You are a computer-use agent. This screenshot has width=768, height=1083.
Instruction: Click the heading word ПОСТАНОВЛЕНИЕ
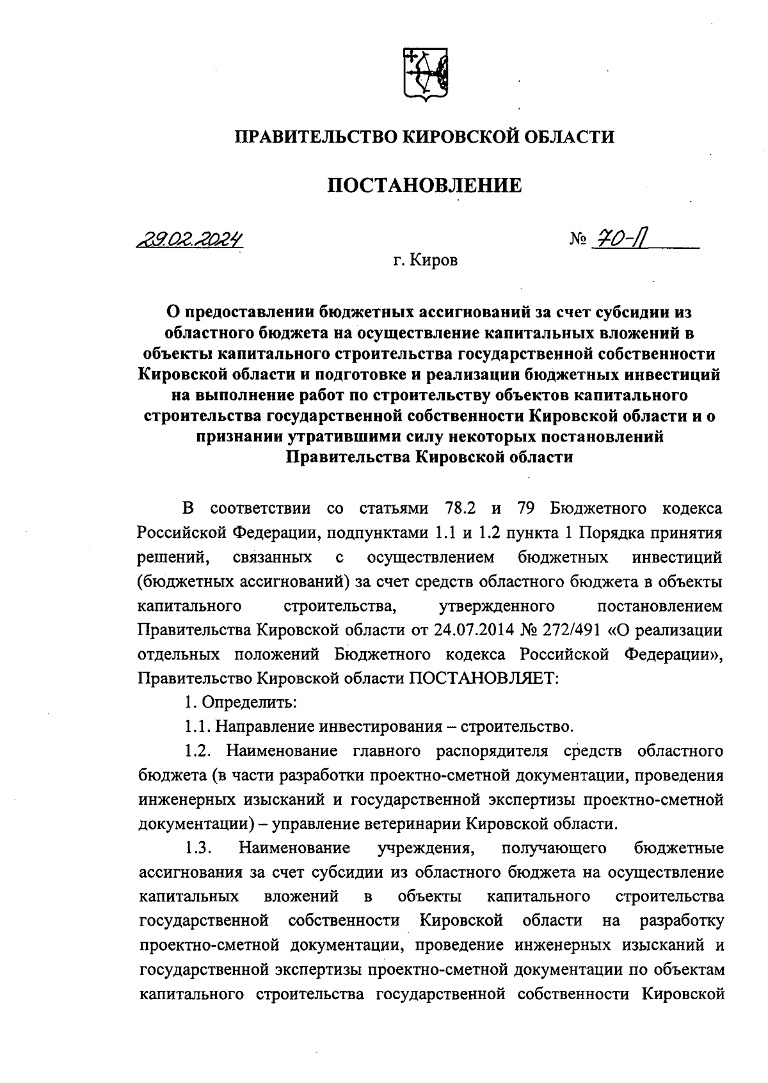[x=425, y=186]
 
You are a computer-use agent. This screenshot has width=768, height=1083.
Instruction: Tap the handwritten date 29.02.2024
[x=192, y=240]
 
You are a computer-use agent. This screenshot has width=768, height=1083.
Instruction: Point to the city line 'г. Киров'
[x=426, y=261]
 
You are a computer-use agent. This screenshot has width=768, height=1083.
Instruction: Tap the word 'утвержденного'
[x=498, y=605]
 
